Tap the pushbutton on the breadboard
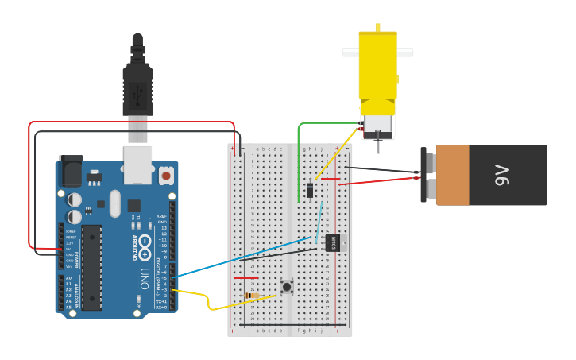(x=285, y=286)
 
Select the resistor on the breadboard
(x=252, y=296)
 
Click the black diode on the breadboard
(x=310, y=191)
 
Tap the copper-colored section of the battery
(x=453, y=175)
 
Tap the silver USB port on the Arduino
(x=137, y=158)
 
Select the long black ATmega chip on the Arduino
(x=92, y=266)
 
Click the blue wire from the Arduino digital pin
(x=238, y=257)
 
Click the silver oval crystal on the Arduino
(x=115, y=203)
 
